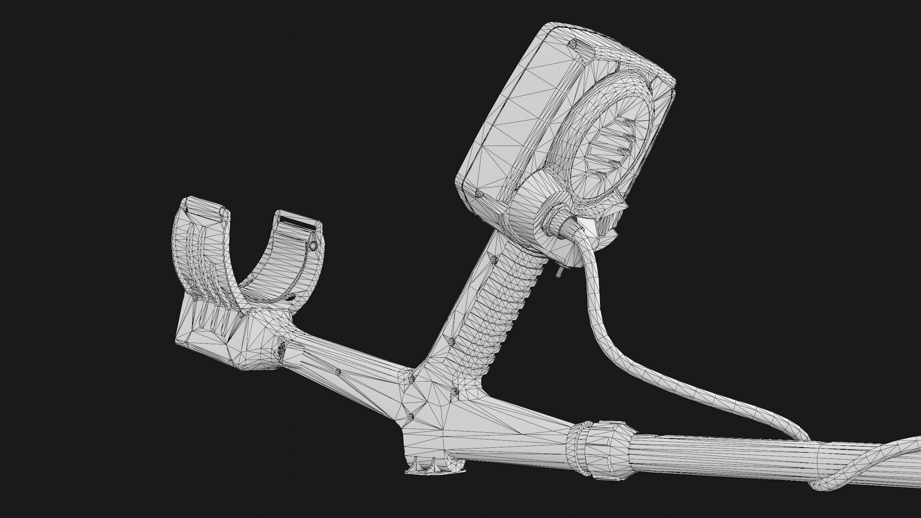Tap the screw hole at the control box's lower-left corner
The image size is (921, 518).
coord(479,194)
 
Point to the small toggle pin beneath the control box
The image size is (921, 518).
coord(559,272)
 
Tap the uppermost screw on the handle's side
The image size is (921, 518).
coord(494,259)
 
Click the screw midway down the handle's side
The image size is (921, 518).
coord(451,341)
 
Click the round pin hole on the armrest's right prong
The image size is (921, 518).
coord(313,246)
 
